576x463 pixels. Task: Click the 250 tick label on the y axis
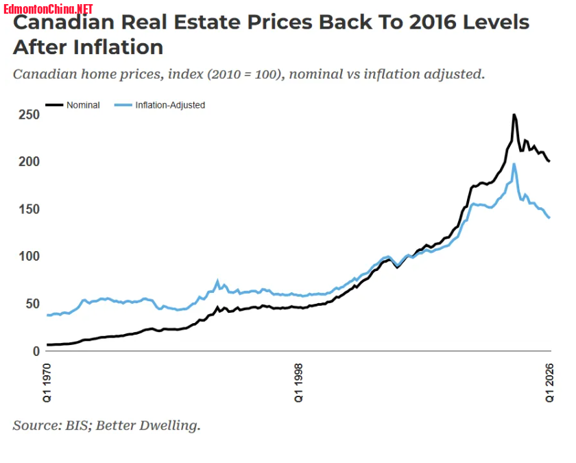(x=29, y=115)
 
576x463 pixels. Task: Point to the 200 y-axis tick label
(x=29, y=162)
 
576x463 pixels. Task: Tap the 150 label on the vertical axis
(x=29, y=209)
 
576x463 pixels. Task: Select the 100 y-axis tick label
(x=29, y=256)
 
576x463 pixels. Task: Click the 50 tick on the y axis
(x=33, y=303)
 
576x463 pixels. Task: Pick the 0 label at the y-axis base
(x=36, y=351)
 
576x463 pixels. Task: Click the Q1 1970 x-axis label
(x=47, y=383)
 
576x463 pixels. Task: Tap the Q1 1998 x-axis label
(x=299, y=383)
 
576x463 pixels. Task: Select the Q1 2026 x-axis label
(x=549, y=383)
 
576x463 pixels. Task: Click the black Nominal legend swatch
(x=54, y=105)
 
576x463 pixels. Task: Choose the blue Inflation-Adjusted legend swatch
(x=123, y=105)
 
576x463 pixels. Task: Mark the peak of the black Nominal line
(x=514, y=115)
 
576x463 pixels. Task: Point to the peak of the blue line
(x=514, y=164)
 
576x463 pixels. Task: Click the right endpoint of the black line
(x=549, y=161)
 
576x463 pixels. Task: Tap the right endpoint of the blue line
(x=549, y=217)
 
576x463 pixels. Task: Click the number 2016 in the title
(x=432, y=22)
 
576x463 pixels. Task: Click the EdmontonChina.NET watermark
(x=48, y=8)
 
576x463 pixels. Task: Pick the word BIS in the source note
(x=77, y=425)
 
